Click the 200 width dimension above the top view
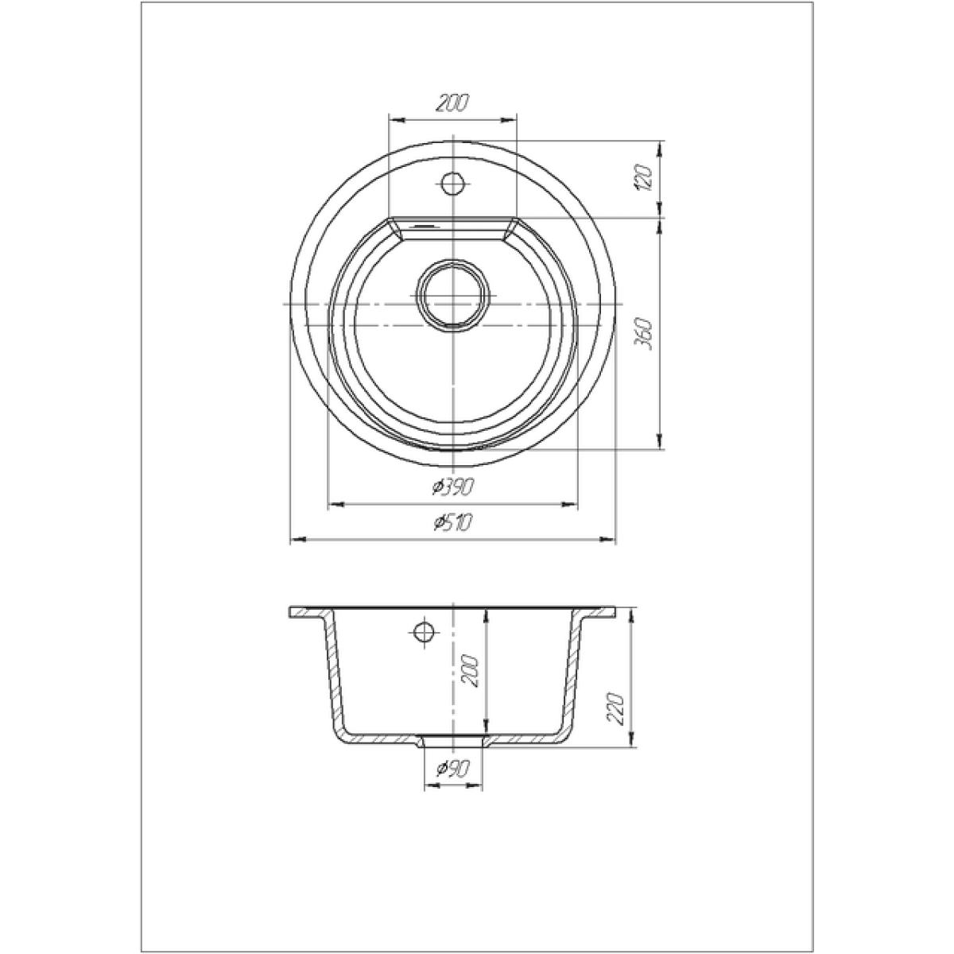coord(452,103)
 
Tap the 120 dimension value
coord(646,179)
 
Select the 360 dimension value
coord(646,334)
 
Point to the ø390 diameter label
coord(452,487)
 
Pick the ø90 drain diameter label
coord(452,767)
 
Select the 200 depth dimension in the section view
coord(469,671)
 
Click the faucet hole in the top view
coord(452,184)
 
